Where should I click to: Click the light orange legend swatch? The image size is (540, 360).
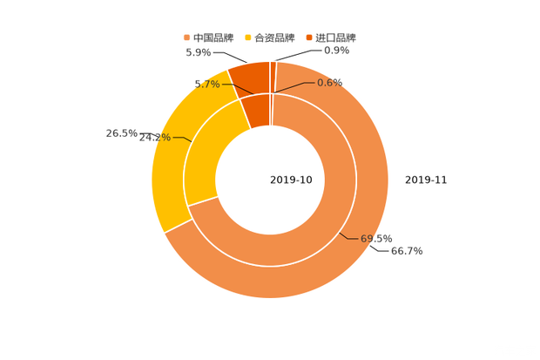[186, 37]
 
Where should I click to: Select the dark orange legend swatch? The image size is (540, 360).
[310, 37]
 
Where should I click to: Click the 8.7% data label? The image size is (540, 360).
[206, 84]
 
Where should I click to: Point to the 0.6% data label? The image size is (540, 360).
[330, 82]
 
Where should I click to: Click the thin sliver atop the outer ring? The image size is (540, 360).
[273, 74]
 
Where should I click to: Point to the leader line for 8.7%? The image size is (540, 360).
[231, 85]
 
